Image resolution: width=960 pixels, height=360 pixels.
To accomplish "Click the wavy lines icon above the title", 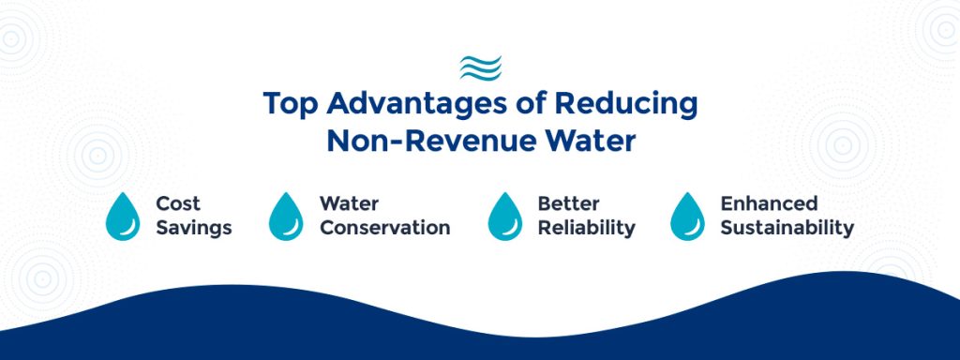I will [x=480, y=67].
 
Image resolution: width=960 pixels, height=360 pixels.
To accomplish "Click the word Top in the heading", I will [x=287, y=104].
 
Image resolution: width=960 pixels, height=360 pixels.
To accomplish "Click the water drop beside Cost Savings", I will [x=123, y=217].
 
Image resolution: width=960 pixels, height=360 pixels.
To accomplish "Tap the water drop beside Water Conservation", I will [x=286, y=217].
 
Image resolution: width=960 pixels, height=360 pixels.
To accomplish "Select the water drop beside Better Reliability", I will [x=505, y=217].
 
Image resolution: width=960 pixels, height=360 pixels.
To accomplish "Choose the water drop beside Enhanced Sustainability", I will [x=687, y=217].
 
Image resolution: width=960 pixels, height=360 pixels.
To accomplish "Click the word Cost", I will [x=178, y=203].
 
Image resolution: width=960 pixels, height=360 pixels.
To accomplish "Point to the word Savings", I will [x=194, y=228].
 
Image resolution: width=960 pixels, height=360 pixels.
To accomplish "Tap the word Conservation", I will [x=384, y=228].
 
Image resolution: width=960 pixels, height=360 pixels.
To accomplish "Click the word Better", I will [x=568, y=203].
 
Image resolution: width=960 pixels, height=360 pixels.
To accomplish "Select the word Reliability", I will [x=586, y=228].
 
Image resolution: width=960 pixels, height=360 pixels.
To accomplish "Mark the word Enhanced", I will [x=769, y=203].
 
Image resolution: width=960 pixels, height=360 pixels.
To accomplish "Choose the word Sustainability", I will [x=787, y=228].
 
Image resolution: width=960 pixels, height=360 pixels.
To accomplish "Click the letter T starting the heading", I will [x=270, y=104].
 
